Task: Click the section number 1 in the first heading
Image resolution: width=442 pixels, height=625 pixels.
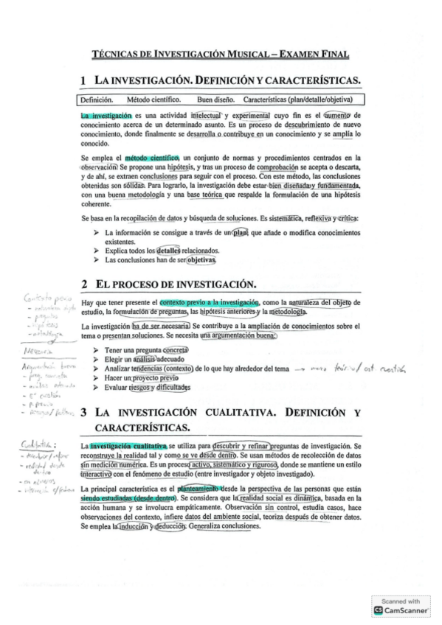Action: (x=85, y=80)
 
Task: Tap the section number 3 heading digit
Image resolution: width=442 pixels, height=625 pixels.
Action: (x=85, y=413)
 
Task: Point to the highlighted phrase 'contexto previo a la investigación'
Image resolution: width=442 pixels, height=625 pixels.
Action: (x=210, y=303)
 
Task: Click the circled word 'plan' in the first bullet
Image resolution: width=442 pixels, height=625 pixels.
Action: (x=240, y=233)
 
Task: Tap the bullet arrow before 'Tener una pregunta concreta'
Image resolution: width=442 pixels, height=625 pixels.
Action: (x=97, y=350)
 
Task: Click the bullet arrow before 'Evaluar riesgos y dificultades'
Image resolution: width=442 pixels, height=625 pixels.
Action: (x=97, y=387)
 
